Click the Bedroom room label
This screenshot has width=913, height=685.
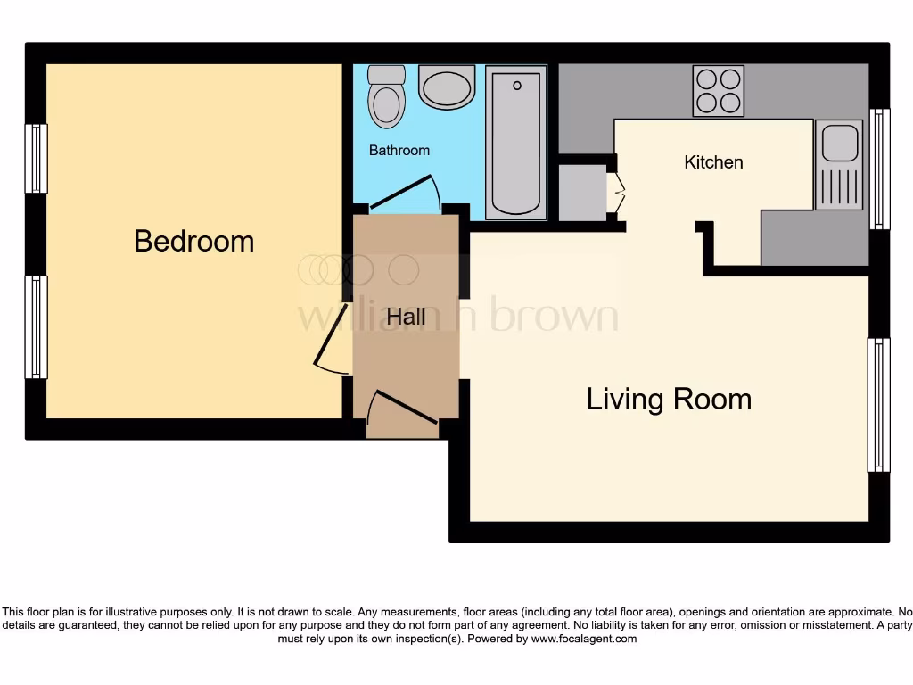pos(193,241)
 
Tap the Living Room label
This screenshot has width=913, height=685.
pos(669,399)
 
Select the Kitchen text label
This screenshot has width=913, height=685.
pos(713,162)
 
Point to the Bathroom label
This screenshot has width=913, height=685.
pos(399,151)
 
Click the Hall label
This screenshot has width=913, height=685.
pos(406,317)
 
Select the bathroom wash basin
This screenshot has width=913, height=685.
pos(447,87)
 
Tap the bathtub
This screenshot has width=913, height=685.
pos(516,143)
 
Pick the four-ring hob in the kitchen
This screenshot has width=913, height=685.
pos(719,91)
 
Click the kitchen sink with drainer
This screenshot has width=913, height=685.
pos(839,166)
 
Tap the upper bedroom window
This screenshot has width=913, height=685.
pos(37,159)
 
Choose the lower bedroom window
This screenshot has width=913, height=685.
pos(37,326)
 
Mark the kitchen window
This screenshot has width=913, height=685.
pos(879,169)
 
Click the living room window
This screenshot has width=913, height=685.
pos(878,405)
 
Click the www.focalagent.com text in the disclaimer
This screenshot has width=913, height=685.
pos(583,639)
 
